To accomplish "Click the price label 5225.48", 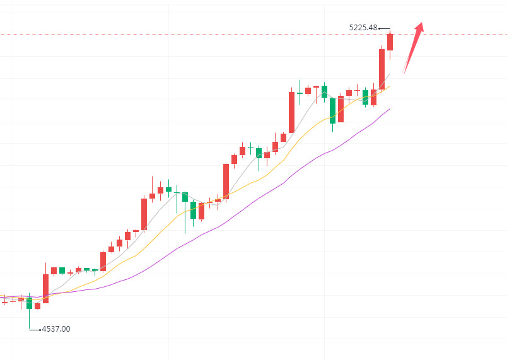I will [363, 28].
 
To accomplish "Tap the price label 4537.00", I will [56, 329].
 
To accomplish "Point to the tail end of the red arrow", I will [404, 74].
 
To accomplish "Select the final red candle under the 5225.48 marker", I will [390, 42].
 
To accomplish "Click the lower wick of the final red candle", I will [390, 55].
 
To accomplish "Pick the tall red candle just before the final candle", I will [382, 69].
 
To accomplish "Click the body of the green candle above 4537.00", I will [29, 303].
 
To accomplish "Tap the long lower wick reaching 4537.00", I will [29, 319].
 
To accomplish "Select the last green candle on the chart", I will [366, 97].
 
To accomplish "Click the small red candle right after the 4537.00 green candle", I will [37, 306].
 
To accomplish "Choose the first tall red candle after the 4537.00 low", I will [45, 288].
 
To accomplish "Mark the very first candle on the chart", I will [5, 303].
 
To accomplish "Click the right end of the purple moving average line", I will [390, 109].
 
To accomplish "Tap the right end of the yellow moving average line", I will [390, 86].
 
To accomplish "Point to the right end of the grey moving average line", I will [390, 74].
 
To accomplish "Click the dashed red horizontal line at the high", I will [189, 35].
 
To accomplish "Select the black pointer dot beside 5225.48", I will [380, 28].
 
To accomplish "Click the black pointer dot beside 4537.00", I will [40, 329].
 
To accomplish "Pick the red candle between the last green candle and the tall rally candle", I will [373, 97].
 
